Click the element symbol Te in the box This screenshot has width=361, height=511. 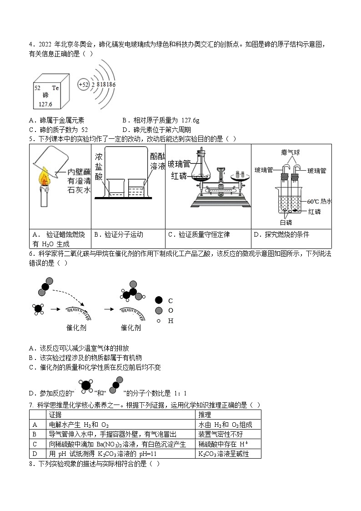tap(55, 87)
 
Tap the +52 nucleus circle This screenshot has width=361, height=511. tap(83, 84)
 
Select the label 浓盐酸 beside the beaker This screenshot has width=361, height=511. tap(99, 168)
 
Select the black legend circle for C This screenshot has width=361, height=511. tap(158, 300)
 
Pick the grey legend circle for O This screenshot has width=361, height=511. tap(158, 310)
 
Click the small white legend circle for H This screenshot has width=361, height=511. tap(158, 321)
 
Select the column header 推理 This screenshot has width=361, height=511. tap(205, 415)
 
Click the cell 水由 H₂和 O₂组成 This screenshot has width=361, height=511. tap(225, 425)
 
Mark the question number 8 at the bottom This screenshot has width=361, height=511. tap(31, 464)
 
